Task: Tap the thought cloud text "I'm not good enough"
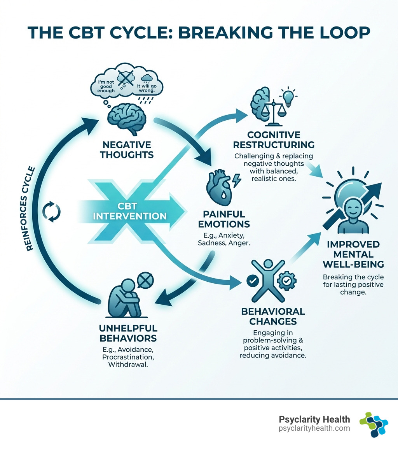click(106, 88)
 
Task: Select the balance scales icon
click(274, 113)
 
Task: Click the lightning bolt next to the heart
click(236, 180)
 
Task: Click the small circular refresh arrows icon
click(52, 212)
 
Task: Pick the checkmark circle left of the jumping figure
click(251, 279)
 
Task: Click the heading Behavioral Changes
click(273, 316)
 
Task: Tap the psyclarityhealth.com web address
click(314, 428)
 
